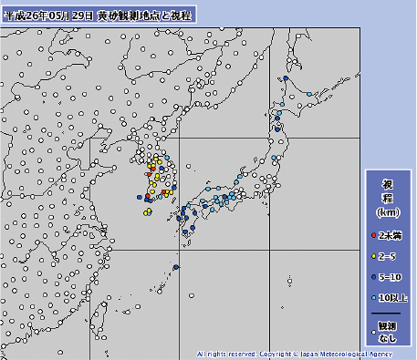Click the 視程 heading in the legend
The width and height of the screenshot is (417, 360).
387,191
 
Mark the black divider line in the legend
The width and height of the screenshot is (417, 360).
387,312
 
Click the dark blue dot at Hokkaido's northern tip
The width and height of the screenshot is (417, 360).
287,79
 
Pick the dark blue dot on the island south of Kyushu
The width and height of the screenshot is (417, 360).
174,266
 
